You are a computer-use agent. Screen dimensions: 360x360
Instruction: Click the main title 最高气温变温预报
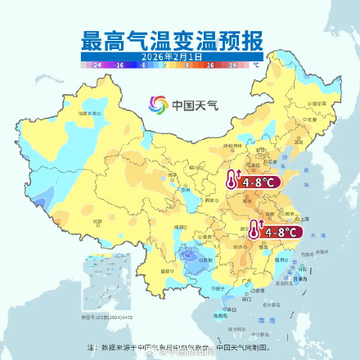[x=179, y=38]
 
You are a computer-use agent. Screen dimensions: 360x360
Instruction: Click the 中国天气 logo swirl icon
[x=157, y=105]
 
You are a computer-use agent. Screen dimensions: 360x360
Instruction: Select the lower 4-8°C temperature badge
[x=274, y=232]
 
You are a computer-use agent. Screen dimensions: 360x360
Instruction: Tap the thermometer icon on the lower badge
[x=255, y=232]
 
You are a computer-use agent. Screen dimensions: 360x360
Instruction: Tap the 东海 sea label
[x=320, y=237]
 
